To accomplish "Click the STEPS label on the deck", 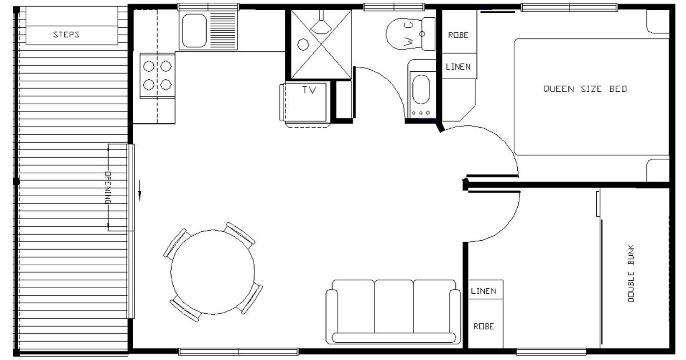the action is (66, 35).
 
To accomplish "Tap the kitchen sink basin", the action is (194, 31).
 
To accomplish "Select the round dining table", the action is (213, 272).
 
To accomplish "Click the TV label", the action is (309, 90).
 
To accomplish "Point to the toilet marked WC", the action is (410, 33).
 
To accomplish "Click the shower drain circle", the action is (303, 45).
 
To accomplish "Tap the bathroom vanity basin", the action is (421, 89).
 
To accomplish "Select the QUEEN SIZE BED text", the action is (585, 89).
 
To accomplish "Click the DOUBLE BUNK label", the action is (631, 273).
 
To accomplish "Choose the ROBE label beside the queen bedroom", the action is (458, 35).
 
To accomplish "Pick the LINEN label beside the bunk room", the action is (484, 291).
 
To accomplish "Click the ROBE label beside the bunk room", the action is (484, 327).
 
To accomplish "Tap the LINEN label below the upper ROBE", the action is (458, 66).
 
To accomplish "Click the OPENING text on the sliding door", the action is (108, 187).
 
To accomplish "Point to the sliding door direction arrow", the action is (140, 190).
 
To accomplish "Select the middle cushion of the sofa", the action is (394, 307).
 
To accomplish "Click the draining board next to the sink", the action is (223, 31).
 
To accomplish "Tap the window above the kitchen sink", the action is (208, 7).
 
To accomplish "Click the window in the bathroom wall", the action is (394, 7).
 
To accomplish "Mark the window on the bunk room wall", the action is (551, 352).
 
